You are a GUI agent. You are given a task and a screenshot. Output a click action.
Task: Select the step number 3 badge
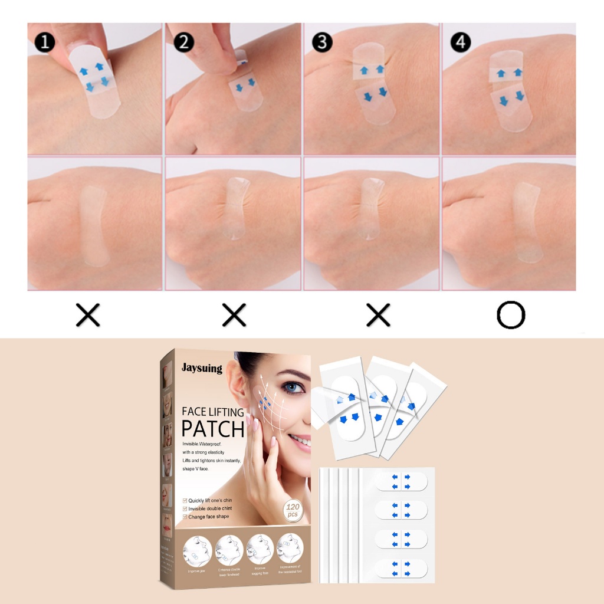322,42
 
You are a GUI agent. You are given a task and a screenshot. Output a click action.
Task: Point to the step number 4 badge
461,42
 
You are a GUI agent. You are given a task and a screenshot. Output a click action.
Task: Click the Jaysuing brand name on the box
202,369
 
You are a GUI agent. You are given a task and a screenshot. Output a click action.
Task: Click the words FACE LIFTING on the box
212,411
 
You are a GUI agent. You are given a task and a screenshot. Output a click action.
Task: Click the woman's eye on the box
291,388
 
